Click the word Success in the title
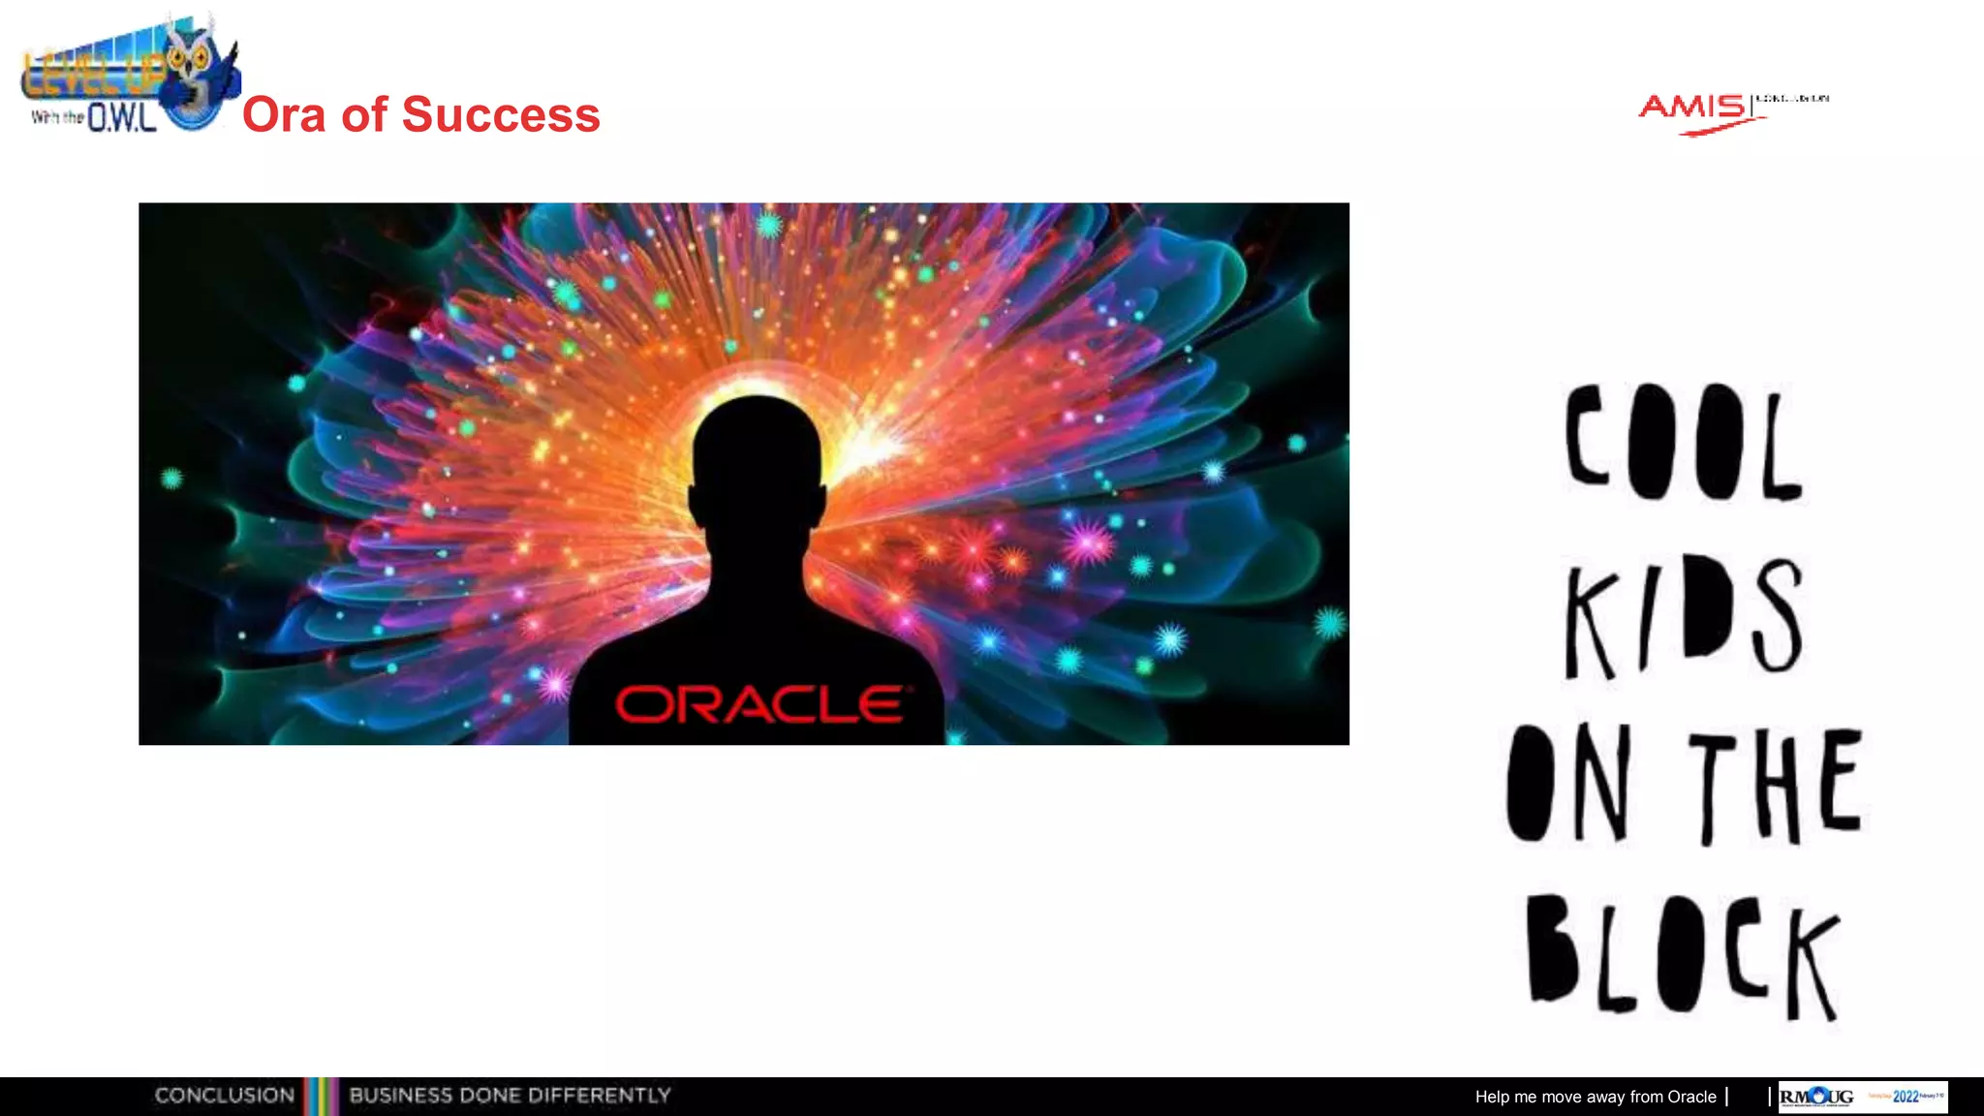point(501,115)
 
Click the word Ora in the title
point(283,115)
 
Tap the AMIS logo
point(1695,109)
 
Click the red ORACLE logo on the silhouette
point(761,704)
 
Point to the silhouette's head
point(758,455)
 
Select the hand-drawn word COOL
point(1684,443)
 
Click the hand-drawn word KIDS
point(1684,616)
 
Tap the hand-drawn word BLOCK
point(1684,956)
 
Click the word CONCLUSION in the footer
point(225,1096)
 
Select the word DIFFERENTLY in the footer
point(600,1096)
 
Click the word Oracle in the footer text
point(1691,1097)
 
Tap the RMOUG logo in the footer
point(1816,1097)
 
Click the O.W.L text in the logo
point(122,118)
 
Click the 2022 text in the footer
point(1906,1097)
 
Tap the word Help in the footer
point(1492,1097)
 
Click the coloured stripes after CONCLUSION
point(321,1096)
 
